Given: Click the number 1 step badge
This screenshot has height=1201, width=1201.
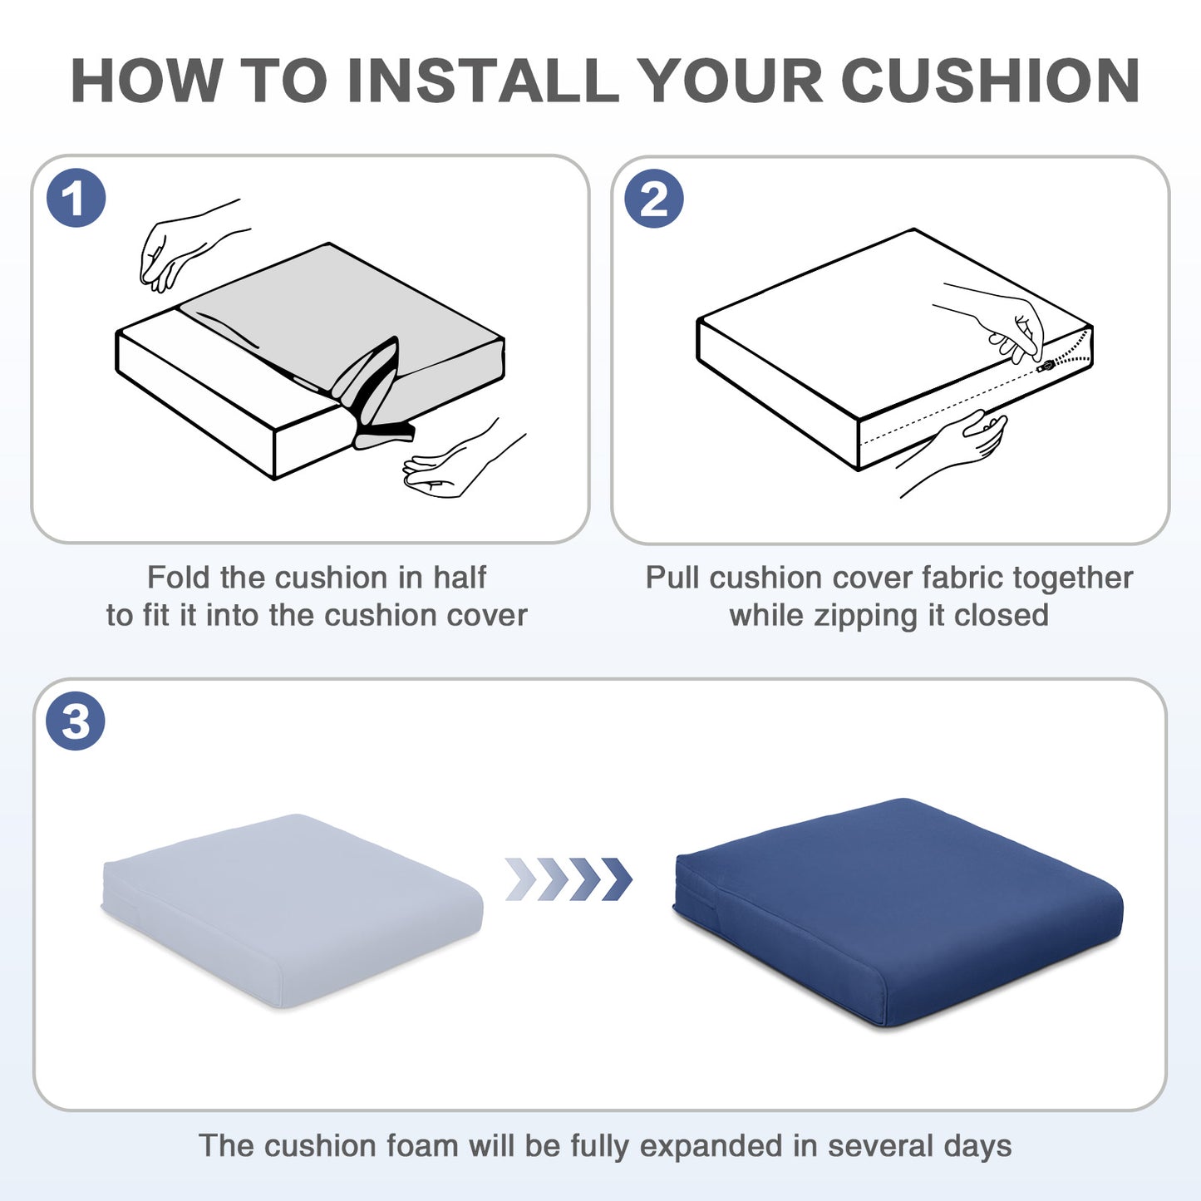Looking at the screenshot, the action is pos(76,198).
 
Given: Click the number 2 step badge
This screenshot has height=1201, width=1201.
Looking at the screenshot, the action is pos(654,198).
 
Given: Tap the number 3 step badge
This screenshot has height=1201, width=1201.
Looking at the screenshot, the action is pos(76,721).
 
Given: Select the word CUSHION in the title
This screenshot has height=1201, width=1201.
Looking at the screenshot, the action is pos(991,81).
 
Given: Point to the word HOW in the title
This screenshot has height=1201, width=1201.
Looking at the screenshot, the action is pos(146,81).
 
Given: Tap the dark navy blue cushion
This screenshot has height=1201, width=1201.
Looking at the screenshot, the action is pos(898,913).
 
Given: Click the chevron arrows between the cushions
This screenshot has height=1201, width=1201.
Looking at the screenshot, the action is pos(569,879).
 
